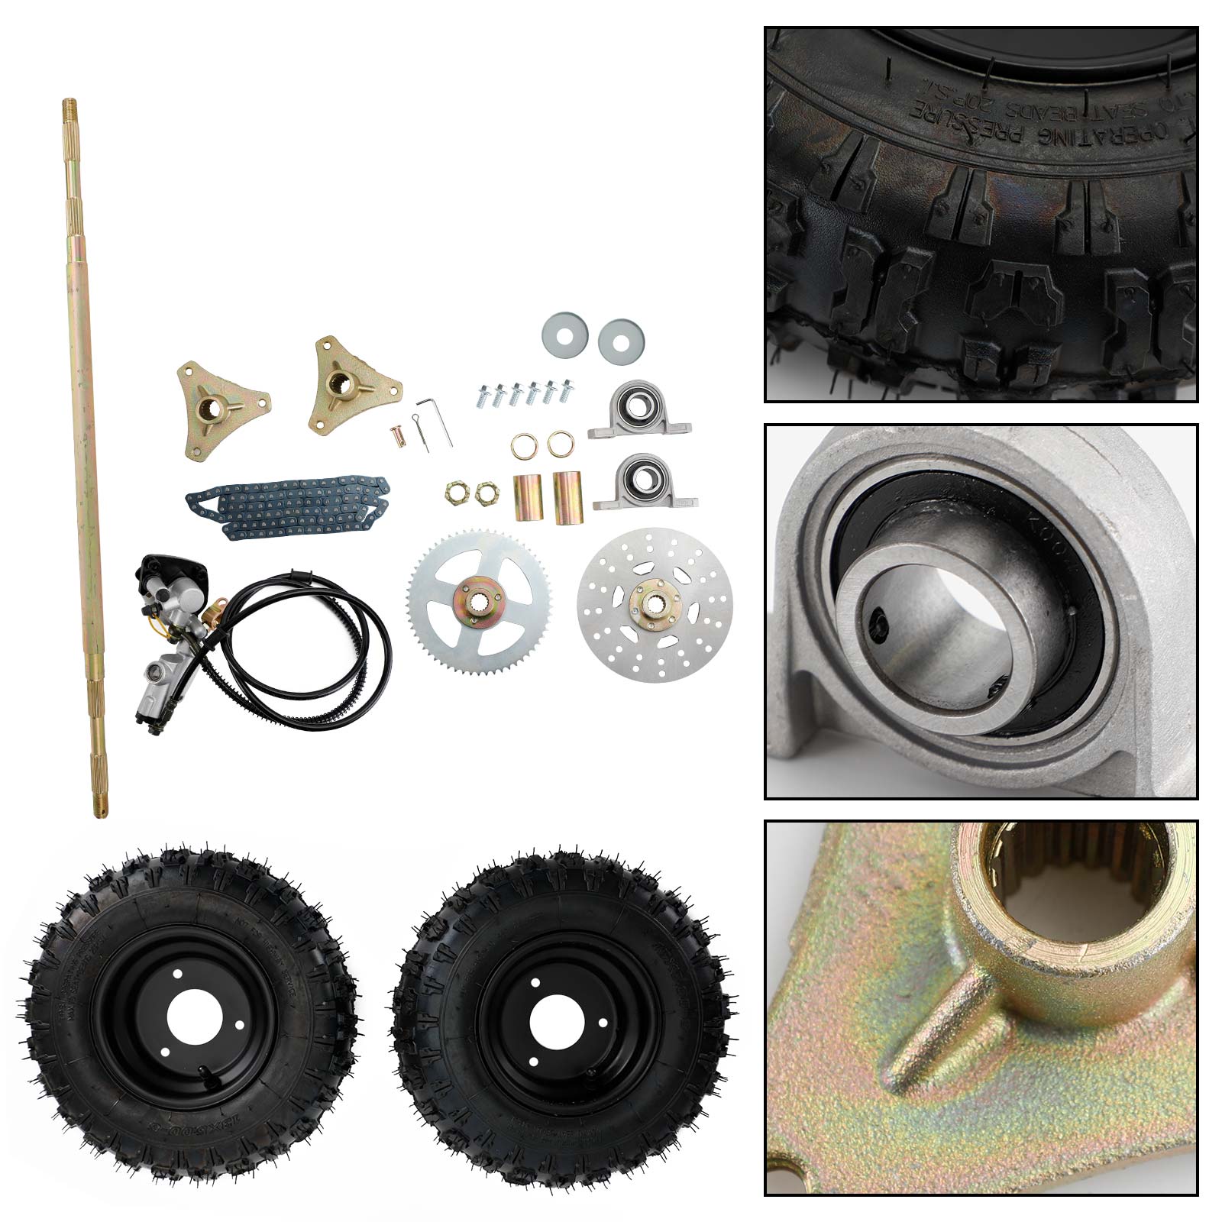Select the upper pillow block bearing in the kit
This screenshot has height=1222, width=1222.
coord(639,412)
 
